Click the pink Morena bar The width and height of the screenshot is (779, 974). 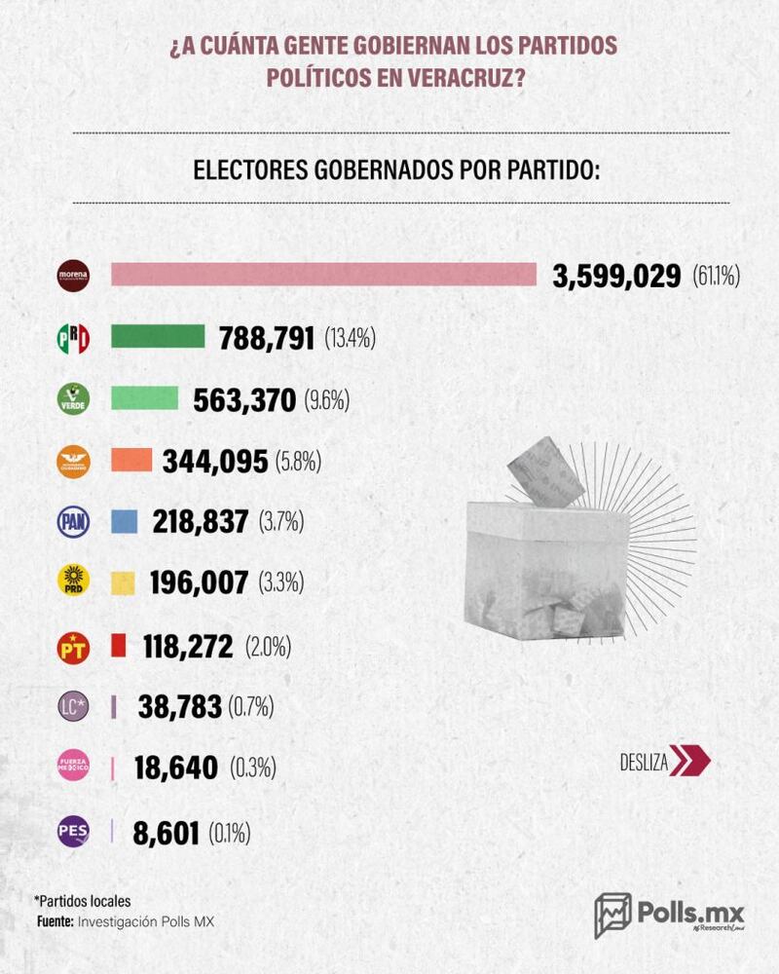pos(323,275)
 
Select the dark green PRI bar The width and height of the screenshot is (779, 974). pos(158,337)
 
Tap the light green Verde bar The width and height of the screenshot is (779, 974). pos(145,398)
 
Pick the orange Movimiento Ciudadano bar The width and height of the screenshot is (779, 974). pos(132,460)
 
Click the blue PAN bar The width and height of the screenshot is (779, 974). pos(124,521)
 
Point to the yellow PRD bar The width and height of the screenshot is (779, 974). pos(123,582)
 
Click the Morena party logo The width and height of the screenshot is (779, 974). pos(74,276)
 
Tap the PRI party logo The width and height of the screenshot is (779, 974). pos(74,338)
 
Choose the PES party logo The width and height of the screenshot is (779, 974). pos(74,832)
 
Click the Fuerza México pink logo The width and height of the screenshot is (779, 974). pos(74,769)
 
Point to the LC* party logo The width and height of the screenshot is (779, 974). pos(74,707)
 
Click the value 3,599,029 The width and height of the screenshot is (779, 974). pos(616,276)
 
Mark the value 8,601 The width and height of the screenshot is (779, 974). pos(162,833)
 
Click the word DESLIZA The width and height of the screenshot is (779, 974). pos(643,762)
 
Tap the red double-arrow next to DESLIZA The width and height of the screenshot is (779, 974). pos(689,762)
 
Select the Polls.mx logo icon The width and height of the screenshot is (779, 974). pos(612,915)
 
